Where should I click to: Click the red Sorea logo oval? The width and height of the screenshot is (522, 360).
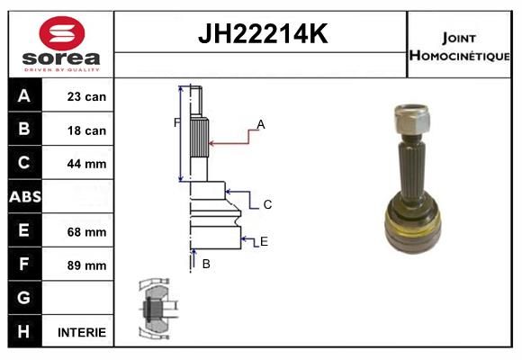pyautogui.click(x=62, y=33)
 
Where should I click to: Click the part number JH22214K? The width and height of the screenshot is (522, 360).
pyautogui.click(x=263, y=33)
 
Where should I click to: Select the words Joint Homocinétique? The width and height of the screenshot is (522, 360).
pyautogui.click(x=459, y=47)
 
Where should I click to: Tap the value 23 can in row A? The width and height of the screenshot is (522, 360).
pyautogui.click(x=86, y=96)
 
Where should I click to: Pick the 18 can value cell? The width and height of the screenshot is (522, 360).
pyautogui.click(x=86, y=130)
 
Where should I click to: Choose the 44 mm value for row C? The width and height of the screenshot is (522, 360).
pyautogui.click(x=86, y=164)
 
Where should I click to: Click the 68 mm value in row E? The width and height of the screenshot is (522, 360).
pyautogui.click(x=86, y=232)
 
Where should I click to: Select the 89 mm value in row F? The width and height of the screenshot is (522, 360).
pyautogui.click(x=86, y=265)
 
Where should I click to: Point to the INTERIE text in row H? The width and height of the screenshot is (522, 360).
pyautogui.click(x=82, y=332)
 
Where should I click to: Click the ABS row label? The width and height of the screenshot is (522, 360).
pyautogui.click(x=25, y=196)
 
